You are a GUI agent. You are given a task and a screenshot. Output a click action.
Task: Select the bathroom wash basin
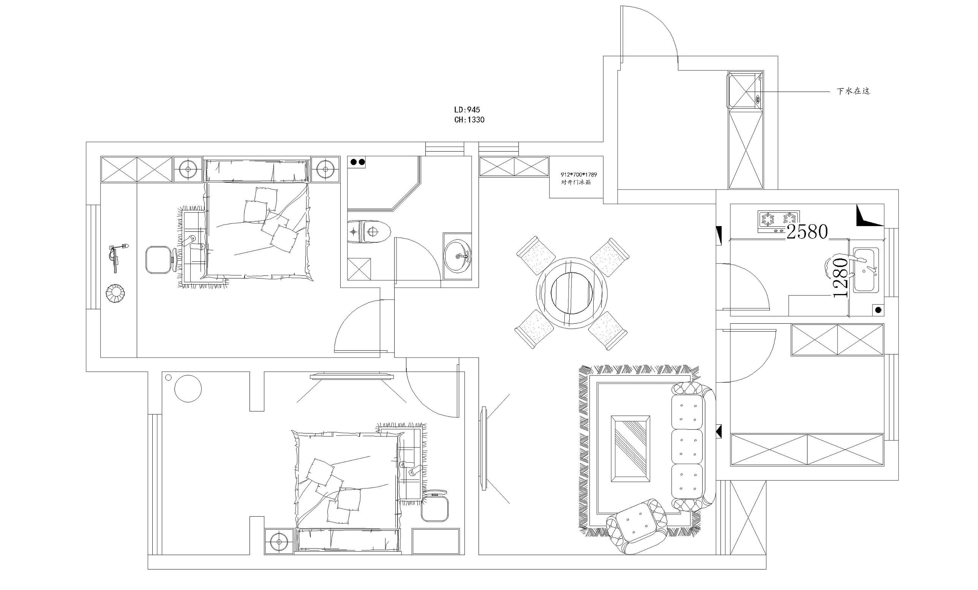[x=458, y=256]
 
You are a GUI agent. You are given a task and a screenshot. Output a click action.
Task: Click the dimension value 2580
[x=807, y=232]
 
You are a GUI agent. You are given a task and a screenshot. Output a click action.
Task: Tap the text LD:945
[x=467, y=109]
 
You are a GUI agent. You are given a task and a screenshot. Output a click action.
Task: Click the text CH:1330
[x=469, y=120]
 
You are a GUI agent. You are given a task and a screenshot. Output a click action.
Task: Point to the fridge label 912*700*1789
[x=579, y=174]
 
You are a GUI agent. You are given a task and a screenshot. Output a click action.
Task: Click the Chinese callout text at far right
[x=853, y=91]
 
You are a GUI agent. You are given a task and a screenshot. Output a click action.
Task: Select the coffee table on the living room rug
[x=630, y=449]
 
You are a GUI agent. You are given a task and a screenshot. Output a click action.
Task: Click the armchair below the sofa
[x=636, y=526]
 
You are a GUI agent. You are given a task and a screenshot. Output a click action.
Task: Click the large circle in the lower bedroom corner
[x=188, y=388]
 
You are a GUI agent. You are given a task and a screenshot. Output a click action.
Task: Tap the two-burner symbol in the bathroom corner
[x=357, y=162]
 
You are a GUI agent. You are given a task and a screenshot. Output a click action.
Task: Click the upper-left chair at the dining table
[x=536, y=255]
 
